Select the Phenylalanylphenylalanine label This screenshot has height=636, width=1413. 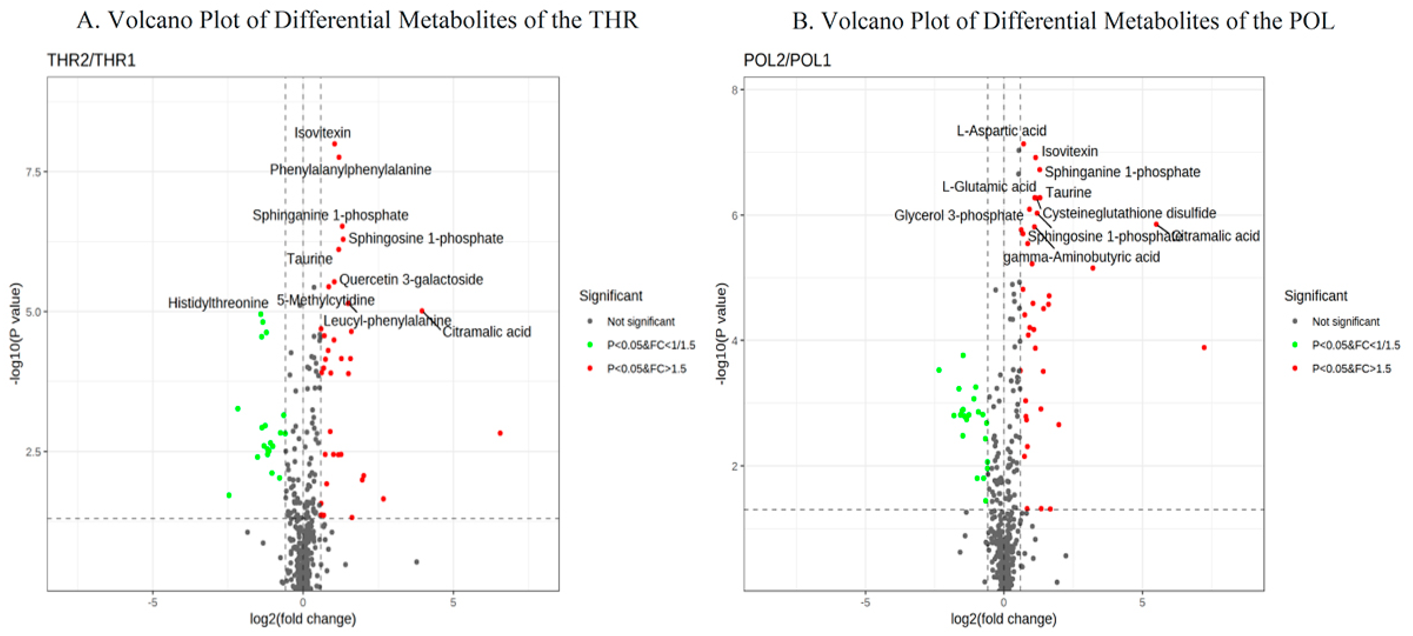[x=350, y=170]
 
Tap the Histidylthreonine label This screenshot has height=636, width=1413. [x=218, y=303]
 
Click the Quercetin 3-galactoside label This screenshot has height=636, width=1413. [x=411, y=280]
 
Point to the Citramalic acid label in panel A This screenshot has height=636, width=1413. [x=487, y=332]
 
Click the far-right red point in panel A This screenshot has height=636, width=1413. [x=500, y=433]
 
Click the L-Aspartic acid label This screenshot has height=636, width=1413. [x=1001, y=130]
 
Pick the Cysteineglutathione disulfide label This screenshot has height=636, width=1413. [x=1129, y=213]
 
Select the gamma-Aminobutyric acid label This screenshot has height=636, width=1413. [x=1081, y=257]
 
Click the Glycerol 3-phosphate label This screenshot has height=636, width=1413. [x=958, y=216]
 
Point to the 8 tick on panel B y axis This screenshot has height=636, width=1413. [x=734, y=90]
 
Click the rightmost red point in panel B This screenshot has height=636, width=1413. [x=1203, y=348]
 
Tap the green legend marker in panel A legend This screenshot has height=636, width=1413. [x=589, y=345]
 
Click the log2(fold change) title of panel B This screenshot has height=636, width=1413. [x=1003, y=619]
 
